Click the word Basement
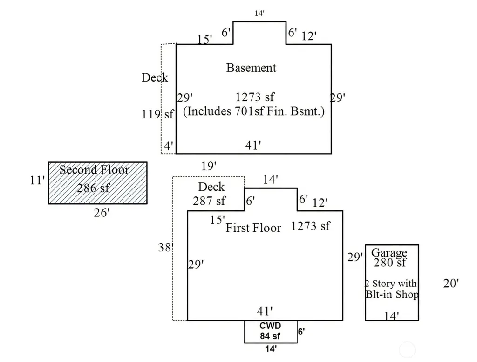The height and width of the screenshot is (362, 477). [x=251, y=68]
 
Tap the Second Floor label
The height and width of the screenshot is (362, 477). [x=94, y=170]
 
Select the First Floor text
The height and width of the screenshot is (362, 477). [x=253, y=228]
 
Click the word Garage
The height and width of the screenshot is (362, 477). [x=389, y=253]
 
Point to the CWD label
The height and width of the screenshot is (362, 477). [x=270, y=326]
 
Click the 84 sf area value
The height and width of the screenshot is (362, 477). [x=270, y=336]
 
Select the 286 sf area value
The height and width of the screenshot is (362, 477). [x=93, y=188]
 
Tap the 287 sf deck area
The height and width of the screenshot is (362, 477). [x=209, y=201]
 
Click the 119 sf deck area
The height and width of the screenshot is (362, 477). [x=157, y=114]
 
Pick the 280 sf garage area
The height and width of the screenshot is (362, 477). [x=390, y=262]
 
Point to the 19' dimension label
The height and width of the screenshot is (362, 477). [x=209, y=166]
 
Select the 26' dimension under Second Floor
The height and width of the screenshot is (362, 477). [x=102, y=212]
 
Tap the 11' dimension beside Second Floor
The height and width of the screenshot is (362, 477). [x=37, y=180]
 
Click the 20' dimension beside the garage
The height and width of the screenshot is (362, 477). [x=451, y=283]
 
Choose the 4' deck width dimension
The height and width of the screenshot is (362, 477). [x=169, y=146]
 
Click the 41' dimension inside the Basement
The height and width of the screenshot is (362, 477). [x=253, y=146]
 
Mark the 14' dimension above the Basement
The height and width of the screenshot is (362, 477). [x=259, y=13]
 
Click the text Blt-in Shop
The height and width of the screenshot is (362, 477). [x=392, y=294]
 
